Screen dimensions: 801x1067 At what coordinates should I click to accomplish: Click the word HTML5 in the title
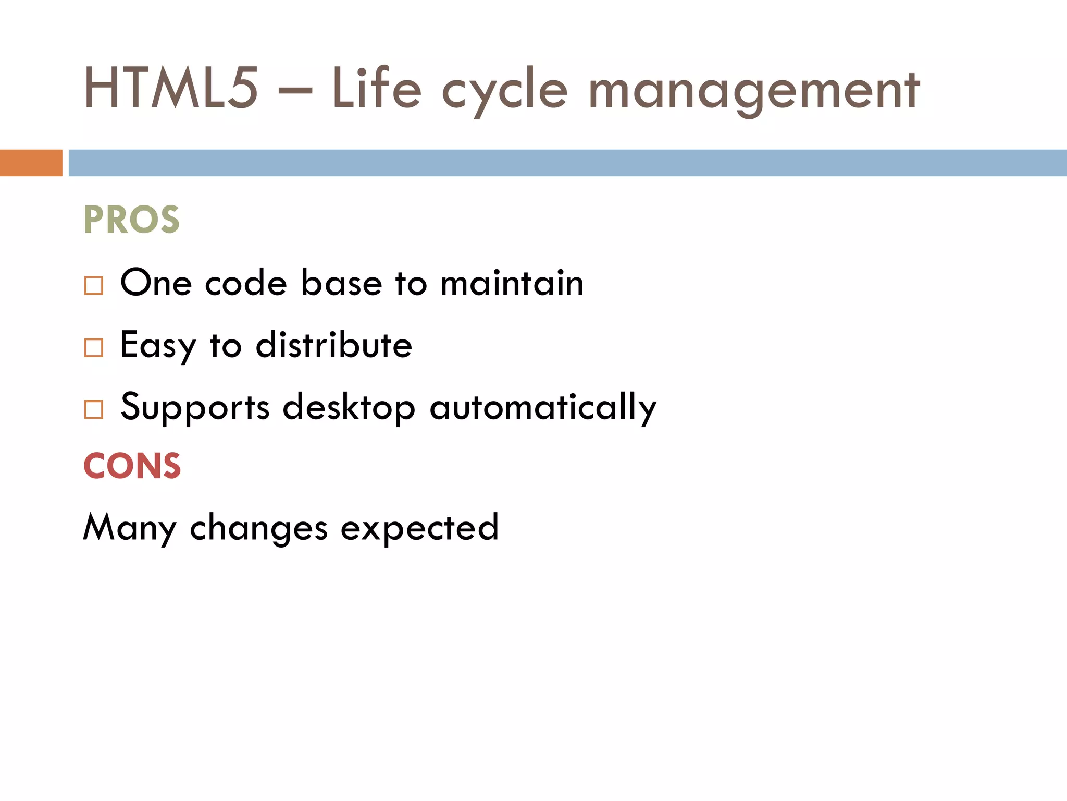click(171, 89)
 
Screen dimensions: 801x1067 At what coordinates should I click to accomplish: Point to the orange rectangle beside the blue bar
click(31, 163)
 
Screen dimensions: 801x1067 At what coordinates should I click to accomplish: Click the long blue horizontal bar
click(567, 163)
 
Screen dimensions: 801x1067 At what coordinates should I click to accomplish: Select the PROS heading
click(131, 220)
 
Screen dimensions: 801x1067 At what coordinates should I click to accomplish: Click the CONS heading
click(132, 466)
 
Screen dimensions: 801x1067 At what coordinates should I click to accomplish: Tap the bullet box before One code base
click(94, 286)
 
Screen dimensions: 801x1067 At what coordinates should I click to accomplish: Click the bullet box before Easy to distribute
click(94, 347)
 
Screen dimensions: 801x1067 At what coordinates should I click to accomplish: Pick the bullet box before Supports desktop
click(94, 409)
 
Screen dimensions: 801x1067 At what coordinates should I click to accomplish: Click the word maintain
click(512, 283)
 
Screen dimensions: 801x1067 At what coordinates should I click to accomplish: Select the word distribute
click(334, 345)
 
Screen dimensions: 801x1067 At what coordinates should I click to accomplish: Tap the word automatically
click(543, 408)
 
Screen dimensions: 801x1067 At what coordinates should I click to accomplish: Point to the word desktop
click(349, 408)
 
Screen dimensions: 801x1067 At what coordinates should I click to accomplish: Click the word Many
click(130, 528)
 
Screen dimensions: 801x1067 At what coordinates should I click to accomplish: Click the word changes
click(258, 528)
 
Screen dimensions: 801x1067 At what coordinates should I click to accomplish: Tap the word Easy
click(158, 345)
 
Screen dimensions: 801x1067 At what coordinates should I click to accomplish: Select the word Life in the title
click(376, 89)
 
